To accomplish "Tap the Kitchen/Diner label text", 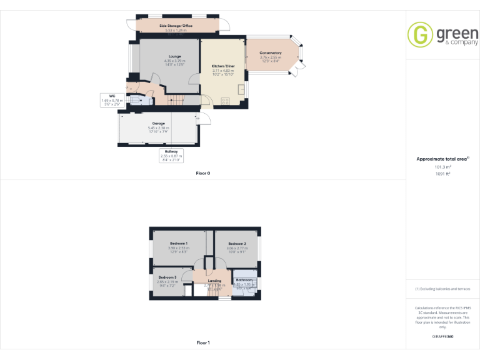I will point(222,66).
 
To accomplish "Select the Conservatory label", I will point(270,53).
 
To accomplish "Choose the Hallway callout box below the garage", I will point(171,154).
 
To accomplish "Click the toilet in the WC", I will point(134,99).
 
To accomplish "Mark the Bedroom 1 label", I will point(178,243).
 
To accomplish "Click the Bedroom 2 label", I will point(236,244).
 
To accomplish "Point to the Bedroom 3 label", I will point(167,277).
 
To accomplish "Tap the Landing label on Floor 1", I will point(214,281).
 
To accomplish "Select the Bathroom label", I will point(244,280).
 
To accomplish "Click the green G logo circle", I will point(419,35).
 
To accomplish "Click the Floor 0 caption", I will point(203,172).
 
